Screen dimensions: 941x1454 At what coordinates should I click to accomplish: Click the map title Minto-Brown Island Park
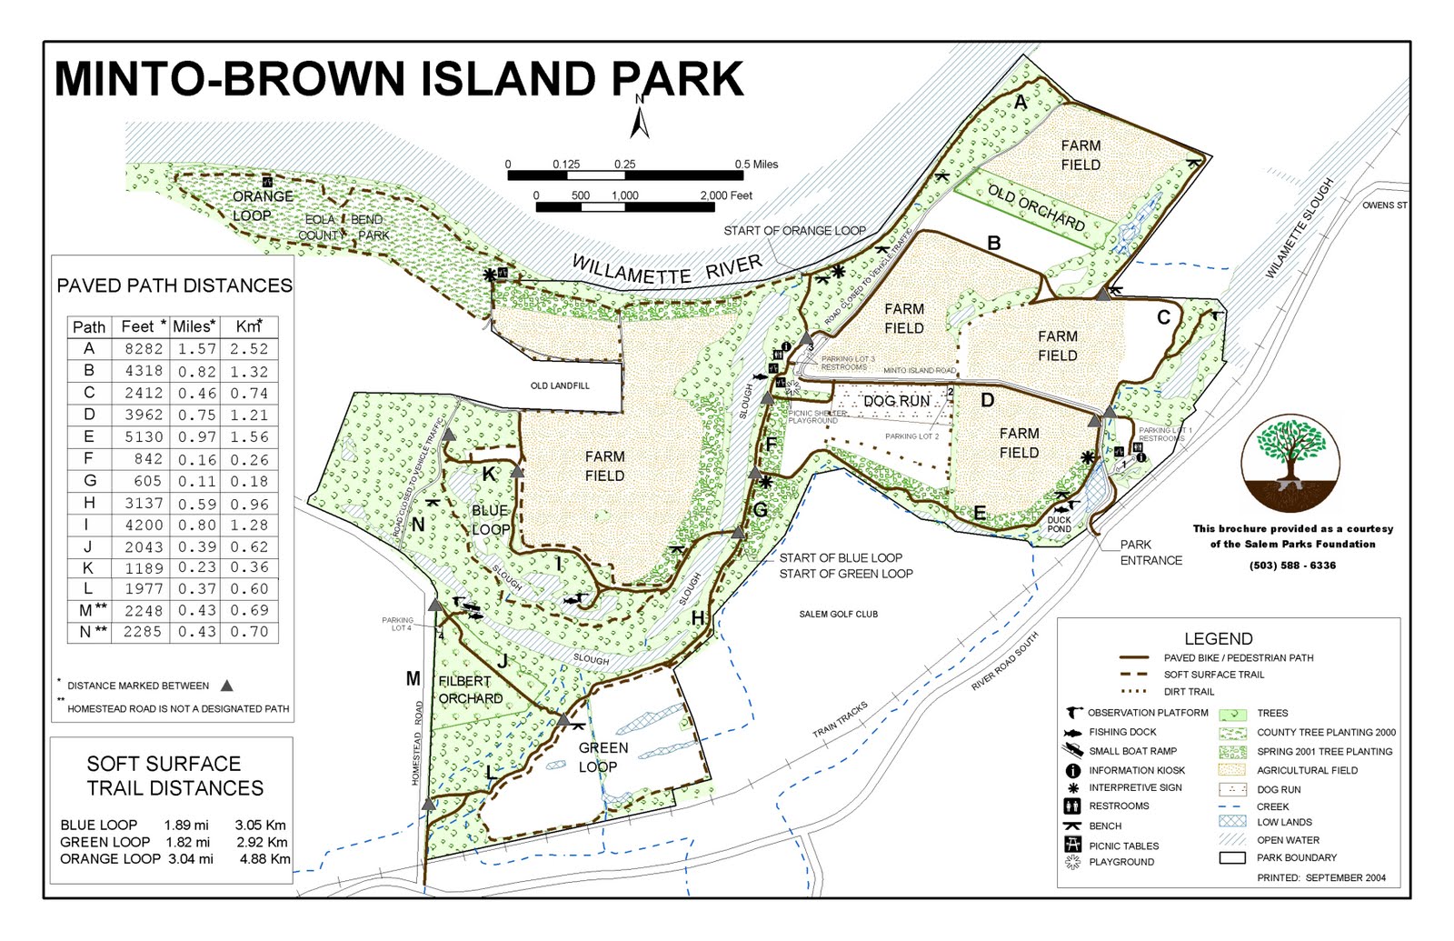pos(399,79)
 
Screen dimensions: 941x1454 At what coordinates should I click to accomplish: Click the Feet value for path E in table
pos(143,437)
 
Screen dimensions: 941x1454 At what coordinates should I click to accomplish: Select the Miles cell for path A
pos(196,349)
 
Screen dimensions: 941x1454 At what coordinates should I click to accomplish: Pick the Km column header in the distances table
pos(248,326)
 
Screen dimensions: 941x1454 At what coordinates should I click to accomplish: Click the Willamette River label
pos(667,270)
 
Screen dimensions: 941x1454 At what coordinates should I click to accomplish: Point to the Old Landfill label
pos(560,385)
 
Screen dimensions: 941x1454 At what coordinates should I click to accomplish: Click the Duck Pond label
pos(1059,525)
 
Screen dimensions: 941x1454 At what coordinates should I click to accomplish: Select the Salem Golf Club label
pos(838,615)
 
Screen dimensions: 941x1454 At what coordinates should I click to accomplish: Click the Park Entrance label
pos(1150,553)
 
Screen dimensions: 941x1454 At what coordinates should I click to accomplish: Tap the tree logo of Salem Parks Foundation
pos(1290,463)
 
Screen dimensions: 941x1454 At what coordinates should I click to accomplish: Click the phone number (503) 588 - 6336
pos(1292,566)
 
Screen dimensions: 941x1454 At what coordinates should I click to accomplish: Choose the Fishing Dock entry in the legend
pos(1122,732)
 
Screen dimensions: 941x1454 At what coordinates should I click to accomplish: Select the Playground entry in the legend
pos(1120,862)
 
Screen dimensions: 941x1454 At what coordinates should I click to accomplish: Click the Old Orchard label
pos(1036,207)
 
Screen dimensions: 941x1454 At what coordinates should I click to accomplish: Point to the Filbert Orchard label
pos(470,690)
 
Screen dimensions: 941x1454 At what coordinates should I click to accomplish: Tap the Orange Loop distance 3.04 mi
pos(190,859)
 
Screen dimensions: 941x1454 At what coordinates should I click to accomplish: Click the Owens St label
pos(1383,205)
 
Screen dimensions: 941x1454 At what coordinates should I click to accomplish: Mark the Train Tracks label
pos(840,719)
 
